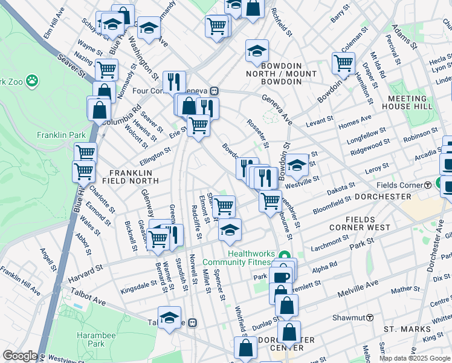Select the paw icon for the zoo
(x=31, y=80)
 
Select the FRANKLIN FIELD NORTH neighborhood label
(x=125, y=176)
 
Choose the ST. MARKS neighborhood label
(x=408, y=329)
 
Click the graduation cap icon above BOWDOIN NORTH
(x=257, y=52)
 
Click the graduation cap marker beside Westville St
(x=297, y=165)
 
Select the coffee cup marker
(x=281, y=276)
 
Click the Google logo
(x=20, y=356)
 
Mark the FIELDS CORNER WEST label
(x=360, y=223)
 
